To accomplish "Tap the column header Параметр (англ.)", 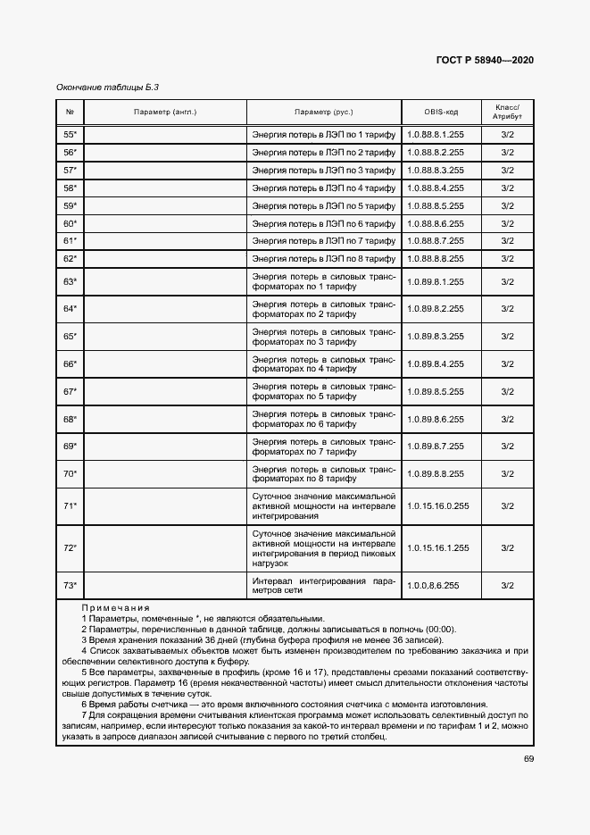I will click(165, 113).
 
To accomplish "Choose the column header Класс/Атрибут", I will click(507, 113).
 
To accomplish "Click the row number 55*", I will click(70, 134).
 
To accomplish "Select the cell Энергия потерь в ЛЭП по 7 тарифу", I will click(323, 241).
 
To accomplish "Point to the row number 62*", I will click(70, 258).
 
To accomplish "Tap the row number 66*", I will click(70, 363).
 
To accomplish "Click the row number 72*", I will click(70, 547).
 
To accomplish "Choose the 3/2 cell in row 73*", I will click(507, 585).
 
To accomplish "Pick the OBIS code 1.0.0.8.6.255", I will click(433, 585).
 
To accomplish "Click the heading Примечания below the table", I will click(115, 607).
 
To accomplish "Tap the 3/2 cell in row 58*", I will click(507, 188).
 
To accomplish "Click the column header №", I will click(70, 113).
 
